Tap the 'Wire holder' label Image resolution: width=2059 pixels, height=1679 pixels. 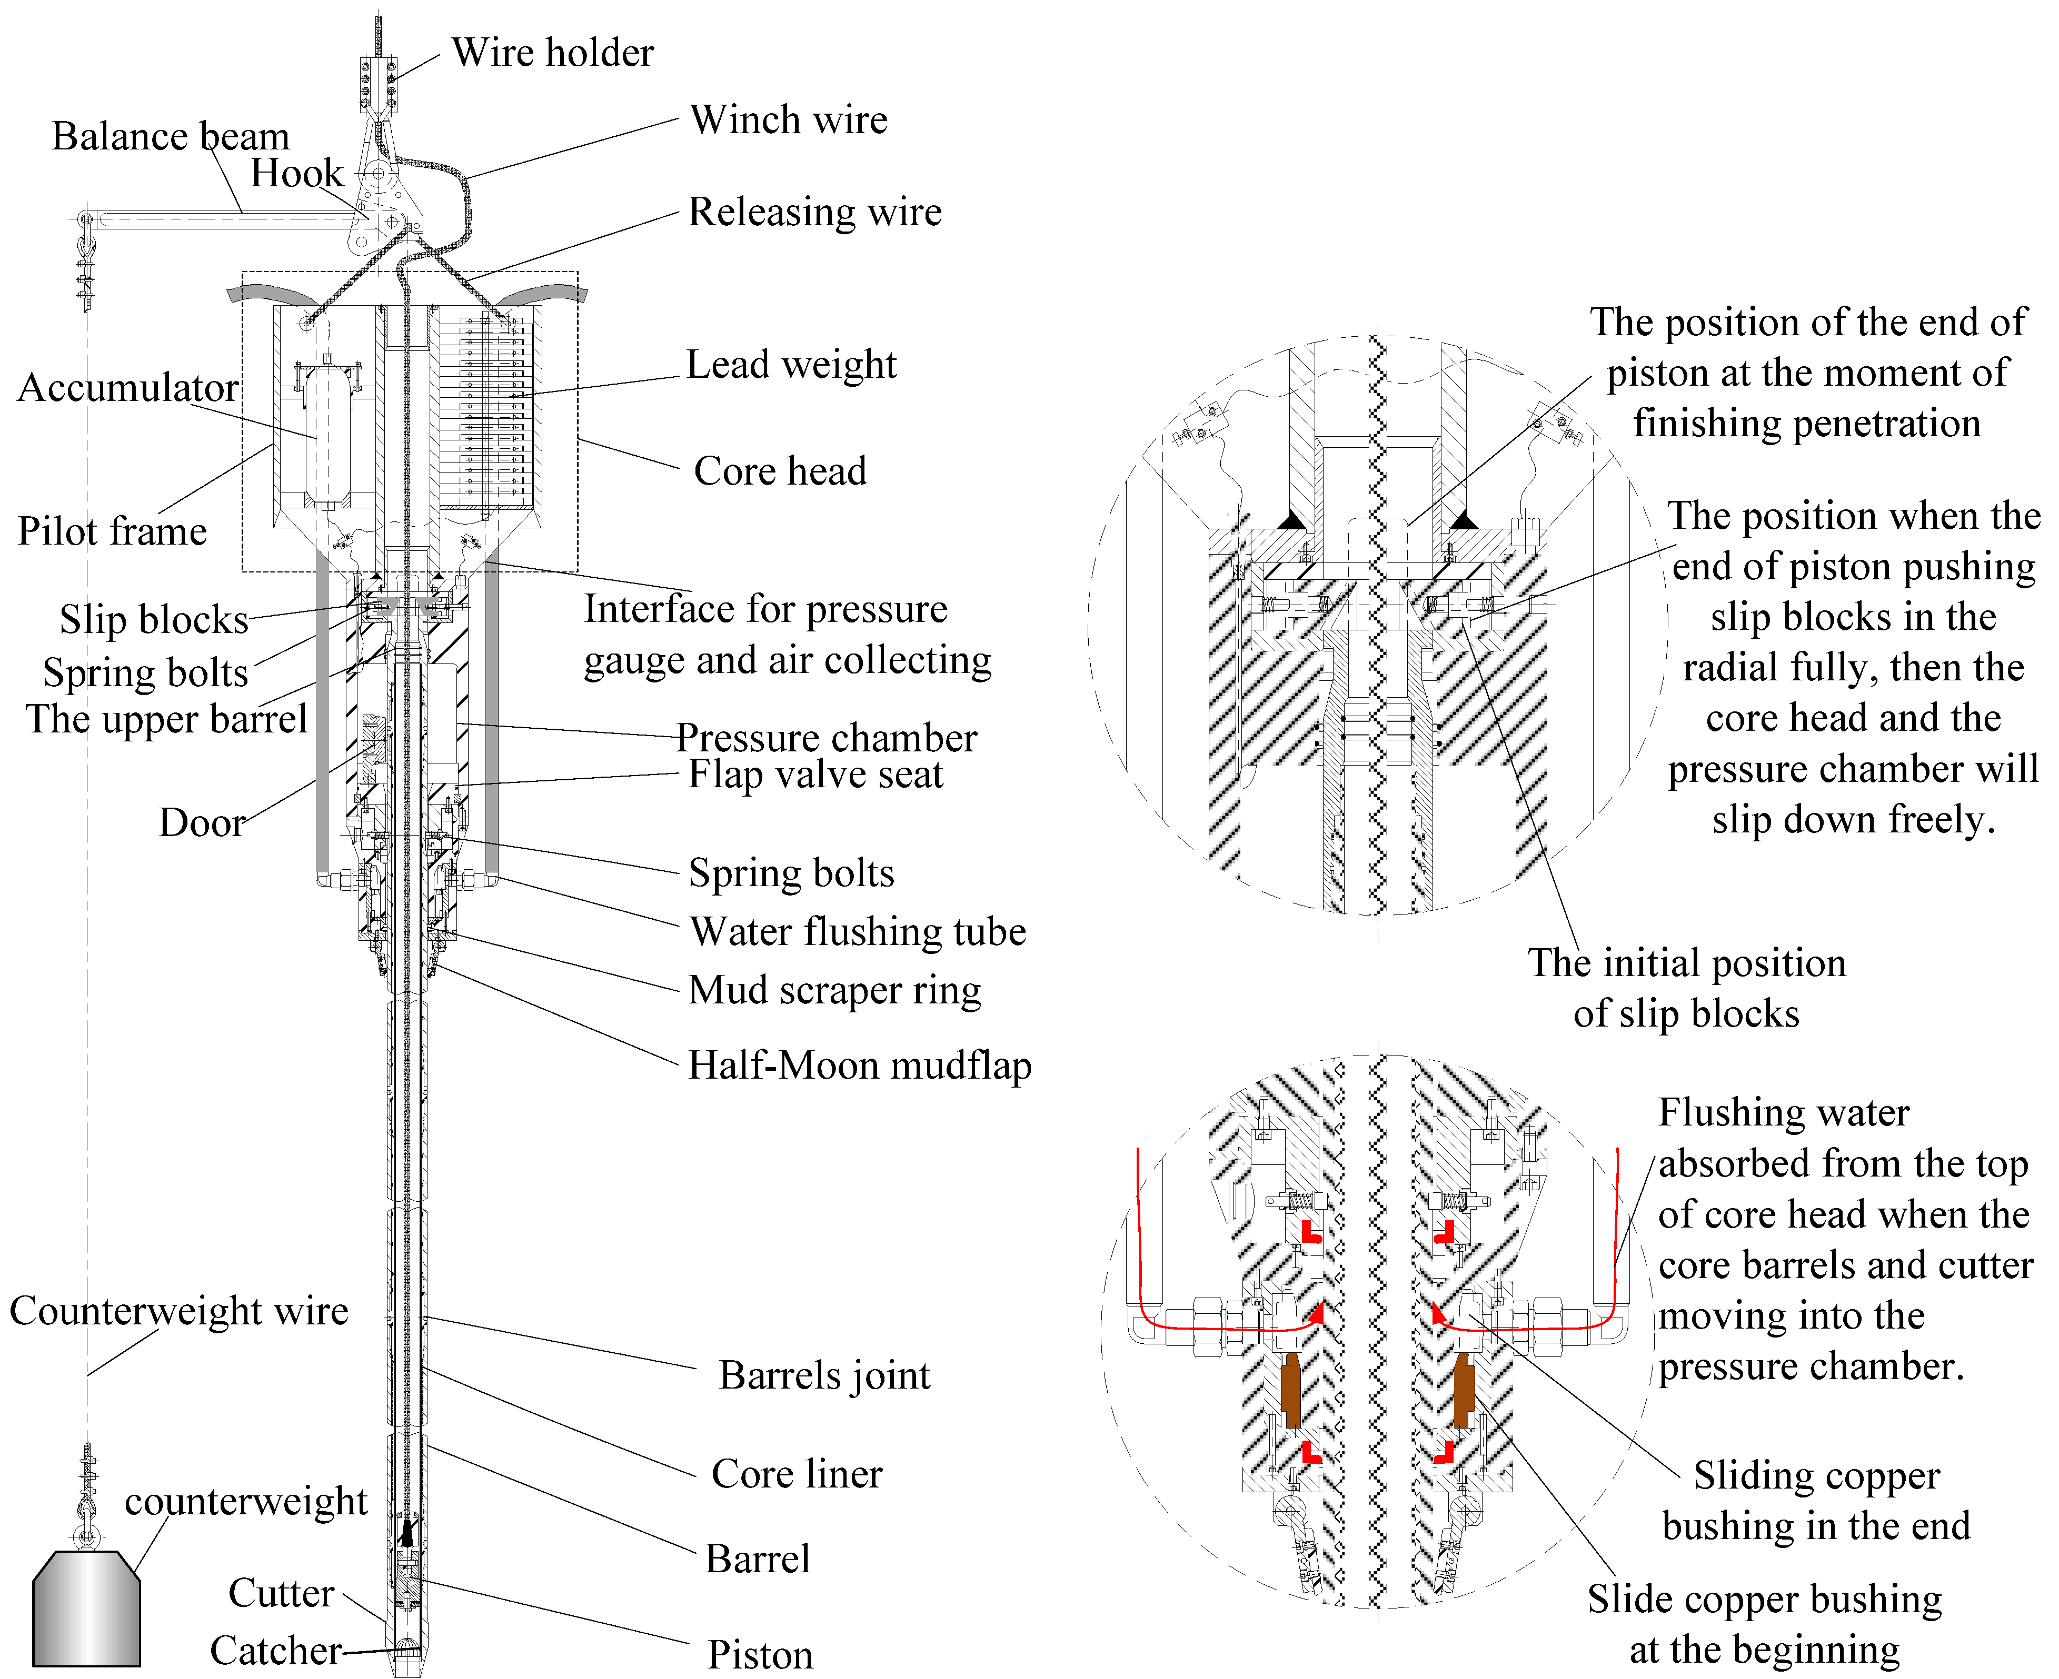tap(552, 53)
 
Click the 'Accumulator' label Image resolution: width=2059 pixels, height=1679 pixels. tap(128, 388)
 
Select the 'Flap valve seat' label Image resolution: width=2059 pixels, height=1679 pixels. tap(814, 775)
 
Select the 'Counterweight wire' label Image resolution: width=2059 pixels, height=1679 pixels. tap(179, 1312)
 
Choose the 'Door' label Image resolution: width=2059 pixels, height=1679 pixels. tap(201, 823)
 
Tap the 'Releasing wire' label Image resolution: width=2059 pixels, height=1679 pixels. tap(814, 213)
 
